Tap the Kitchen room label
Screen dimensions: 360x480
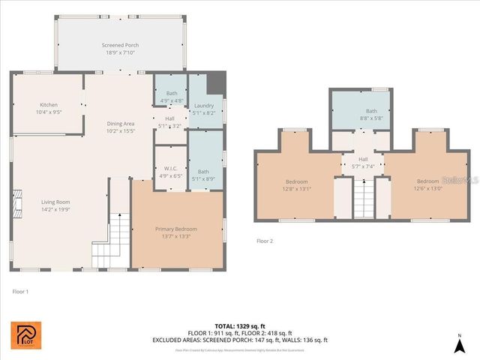49,105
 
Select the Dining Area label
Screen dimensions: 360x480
120,123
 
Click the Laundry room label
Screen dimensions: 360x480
204,105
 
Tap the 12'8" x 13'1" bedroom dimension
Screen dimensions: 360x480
296,189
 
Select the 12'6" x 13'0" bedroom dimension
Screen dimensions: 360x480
427,189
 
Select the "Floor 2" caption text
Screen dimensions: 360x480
265,241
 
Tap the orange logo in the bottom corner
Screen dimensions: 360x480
27,336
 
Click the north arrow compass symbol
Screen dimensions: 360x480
460,344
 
